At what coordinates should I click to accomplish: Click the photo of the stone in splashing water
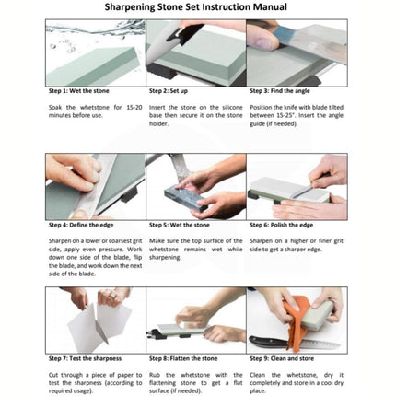click(x=95, y=52)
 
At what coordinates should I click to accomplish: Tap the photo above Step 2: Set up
click(x=195, y=52)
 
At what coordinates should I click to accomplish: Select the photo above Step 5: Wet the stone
click(x=195, y=187)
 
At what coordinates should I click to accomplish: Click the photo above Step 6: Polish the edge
click(x=297, y=187)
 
